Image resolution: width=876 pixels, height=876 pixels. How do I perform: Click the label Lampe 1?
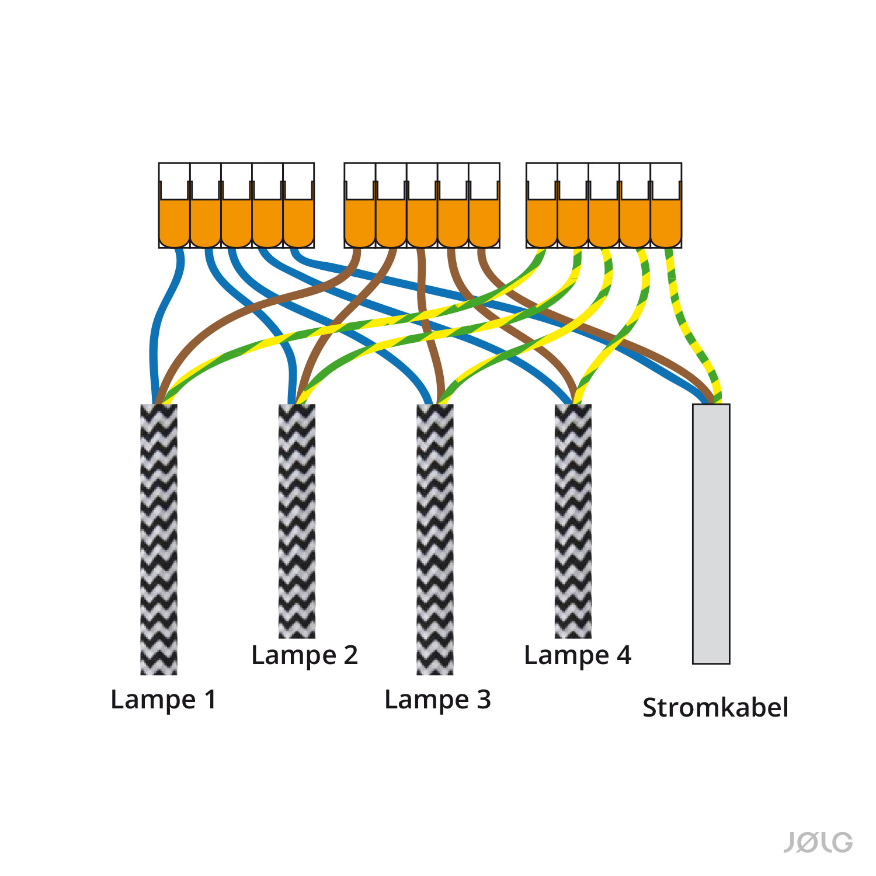(x=164, y=699)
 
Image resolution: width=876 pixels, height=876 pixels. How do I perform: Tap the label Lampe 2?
(x=304, y=655)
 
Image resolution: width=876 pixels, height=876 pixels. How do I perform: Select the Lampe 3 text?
(x=437, y=699)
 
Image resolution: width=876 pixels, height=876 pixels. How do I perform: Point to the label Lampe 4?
(x=578, y=655)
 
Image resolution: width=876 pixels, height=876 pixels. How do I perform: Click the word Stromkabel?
(x=715, y=707)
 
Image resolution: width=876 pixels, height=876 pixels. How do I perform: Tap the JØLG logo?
(x=818, y=843)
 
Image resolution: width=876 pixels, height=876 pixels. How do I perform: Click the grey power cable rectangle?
(x=711, y=534)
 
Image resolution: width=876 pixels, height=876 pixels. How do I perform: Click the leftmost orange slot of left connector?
(x=175, y=223)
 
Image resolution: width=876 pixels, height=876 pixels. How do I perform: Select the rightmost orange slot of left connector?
(x=298, y=223)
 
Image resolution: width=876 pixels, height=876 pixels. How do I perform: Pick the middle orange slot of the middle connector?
(x=422, y=223)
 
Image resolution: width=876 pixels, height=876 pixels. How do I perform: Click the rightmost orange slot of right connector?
(x=666, y=223)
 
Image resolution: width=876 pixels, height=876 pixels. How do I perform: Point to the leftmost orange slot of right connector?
(x=542, y=223)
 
